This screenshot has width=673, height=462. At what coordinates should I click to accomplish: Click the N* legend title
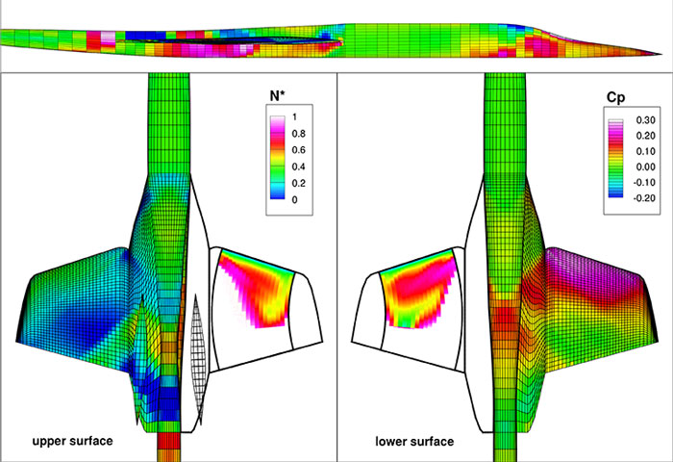pos(277,96)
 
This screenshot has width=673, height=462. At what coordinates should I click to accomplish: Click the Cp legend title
pos(615,98)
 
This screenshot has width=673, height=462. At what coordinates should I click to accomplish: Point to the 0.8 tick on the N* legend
pos(298,134)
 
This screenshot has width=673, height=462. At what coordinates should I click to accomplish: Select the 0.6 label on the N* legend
pos(298,150)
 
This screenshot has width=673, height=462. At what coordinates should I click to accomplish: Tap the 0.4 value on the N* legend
pos(298,167)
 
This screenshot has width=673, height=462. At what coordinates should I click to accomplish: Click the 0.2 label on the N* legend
pos(298,183)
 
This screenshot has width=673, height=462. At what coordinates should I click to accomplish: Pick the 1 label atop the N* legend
pos(294,116)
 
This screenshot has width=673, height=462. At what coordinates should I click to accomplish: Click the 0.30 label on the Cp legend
pos(645,120)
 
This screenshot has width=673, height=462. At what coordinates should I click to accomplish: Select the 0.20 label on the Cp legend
pos(645,136)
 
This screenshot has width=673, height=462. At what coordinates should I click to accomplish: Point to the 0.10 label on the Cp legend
pos(645,151)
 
